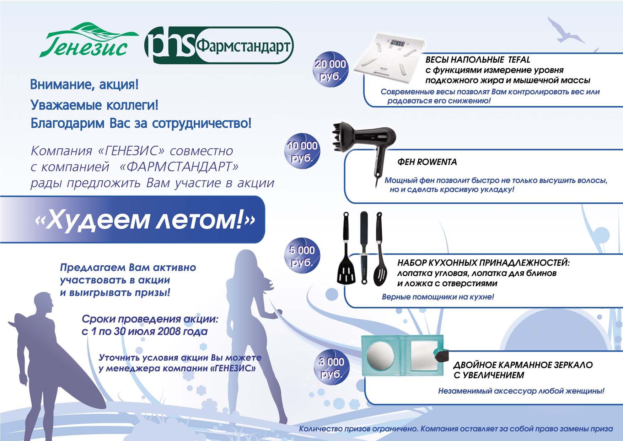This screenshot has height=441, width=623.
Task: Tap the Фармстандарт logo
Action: (x=219, y=46)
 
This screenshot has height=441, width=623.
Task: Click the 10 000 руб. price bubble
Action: (x=302, y=151)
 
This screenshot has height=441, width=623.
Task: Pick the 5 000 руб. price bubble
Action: (x=302, y=255)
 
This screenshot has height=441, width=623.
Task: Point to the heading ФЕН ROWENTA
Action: (x=427, y=162)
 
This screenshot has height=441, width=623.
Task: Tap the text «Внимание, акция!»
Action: (x=84, y=85)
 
